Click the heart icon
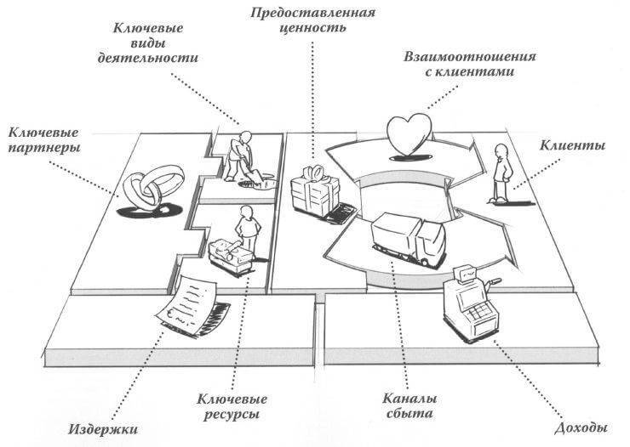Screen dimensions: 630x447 (409, 134)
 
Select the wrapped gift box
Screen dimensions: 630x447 (315, 190)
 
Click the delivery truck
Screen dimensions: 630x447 (408, 240)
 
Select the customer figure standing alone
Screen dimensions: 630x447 (501, 173)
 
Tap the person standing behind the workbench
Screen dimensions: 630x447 (247, 228)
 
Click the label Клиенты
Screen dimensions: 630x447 (572, 144)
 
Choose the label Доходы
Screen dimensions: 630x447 (581, 427)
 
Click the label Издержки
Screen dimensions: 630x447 (103, 429)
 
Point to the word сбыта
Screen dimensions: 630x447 (409, 413)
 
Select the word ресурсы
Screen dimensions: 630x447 (232, 414)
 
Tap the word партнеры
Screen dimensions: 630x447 (44, 148)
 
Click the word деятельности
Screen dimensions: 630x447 (148, 57)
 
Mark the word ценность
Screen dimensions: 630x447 (312, 28)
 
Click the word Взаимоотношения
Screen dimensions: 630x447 (470, 57)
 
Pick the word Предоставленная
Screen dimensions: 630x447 (313, 13)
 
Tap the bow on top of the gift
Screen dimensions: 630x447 (315, 173)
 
